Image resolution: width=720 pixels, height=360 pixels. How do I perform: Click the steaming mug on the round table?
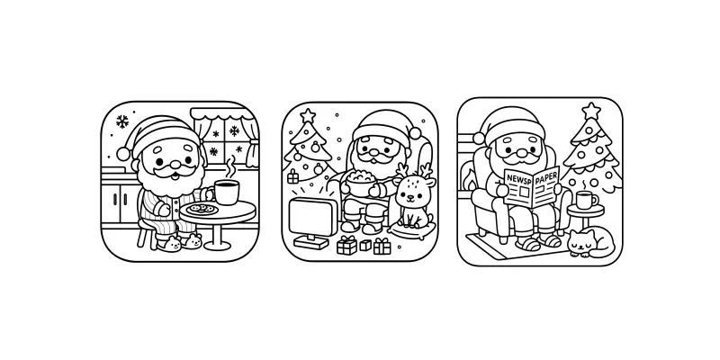227,192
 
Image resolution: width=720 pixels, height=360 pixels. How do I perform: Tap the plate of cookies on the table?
201,210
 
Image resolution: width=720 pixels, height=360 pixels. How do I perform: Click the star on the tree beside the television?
308,115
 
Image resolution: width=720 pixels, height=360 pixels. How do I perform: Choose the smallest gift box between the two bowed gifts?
365,245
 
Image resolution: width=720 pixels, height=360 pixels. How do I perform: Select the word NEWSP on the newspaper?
519,179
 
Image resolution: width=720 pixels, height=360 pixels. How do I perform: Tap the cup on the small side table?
586,199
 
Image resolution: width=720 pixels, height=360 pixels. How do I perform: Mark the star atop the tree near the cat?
590,111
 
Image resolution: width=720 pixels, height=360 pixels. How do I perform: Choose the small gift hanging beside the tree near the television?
292,176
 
